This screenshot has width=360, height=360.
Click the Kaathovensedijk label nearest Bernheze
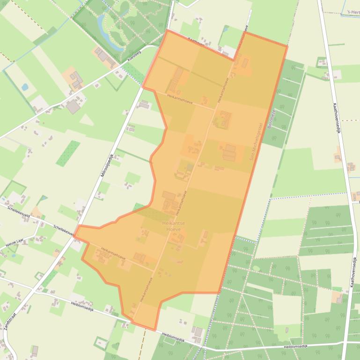[336, 117]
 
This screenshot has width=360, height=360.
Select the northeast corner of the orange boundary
[287, 46]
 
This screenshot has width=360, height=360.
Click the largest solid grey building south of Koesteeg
[73, 107]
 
